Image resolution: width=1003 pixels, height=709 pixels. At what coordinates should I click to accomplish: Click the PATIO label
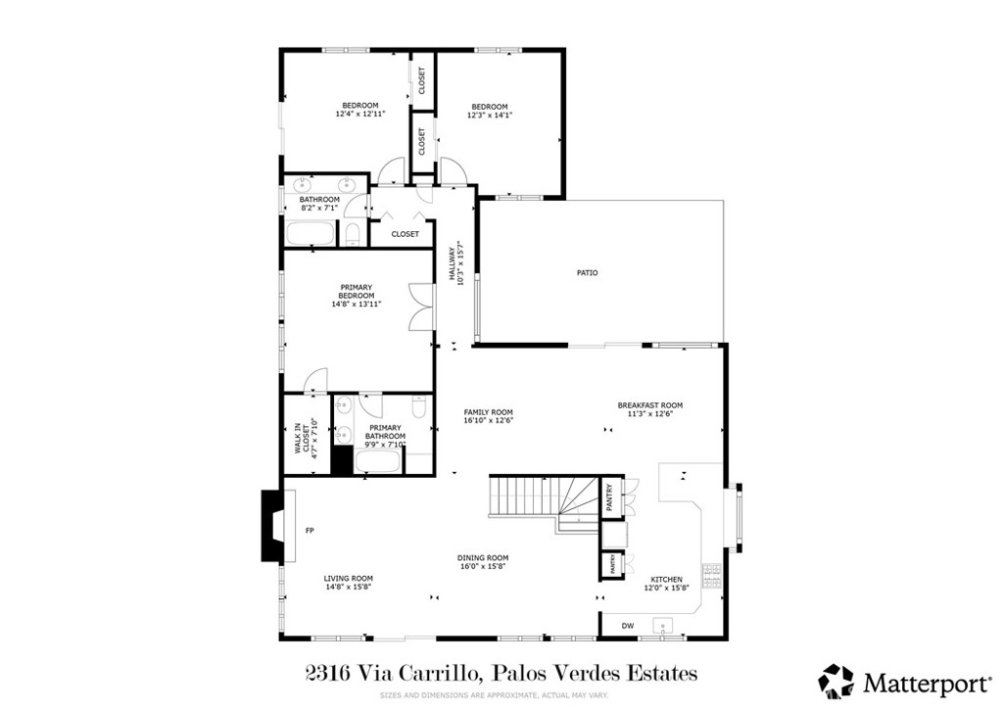click(x=587, y=273)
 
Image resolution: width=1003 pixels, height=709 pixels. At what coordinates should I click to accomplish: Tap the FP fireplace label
click(x=310, y=531)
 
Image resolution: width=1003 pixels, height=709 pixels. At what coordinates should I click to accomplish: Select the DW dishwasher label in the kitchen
click(x=628, y=625)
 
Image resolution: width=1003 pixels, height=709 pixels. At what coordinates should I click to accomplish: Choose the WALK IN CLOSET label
click(x=304, y=439)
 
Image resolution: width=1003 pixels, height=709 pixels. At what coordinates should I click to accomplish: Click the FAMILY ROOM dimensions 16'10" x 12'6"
click(x=489, y=420)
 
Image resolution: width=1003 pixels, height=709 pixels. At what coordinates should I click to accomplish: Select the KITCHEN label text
click(x=666, y=580)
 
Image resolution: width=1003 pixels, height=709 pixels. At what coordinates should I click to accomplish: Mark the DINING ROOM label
click(x=484, y=558)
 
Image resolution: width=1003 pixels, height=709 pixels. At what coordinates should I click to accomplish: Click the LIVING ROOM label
click(x=349, y=579)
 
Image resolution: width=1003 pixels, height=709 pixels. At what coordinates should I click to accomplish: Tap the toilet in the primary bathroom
click(x=418, y=411)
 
